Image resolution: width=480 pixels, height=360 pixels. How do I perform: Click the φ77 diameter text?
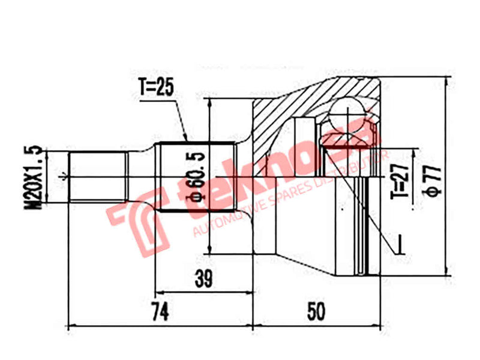pos(434,177)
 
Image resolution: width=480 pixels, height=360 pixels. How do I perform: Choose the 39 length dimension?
pos(203,278)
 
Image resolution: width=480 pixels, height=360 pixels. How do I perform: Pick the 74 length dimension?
pos(158,311)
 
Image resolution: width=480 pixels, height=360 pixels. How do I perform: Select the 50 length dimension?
pos(316,311)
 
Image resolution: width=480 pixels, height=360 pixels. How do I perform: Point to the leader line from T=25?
pos(180,117)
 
